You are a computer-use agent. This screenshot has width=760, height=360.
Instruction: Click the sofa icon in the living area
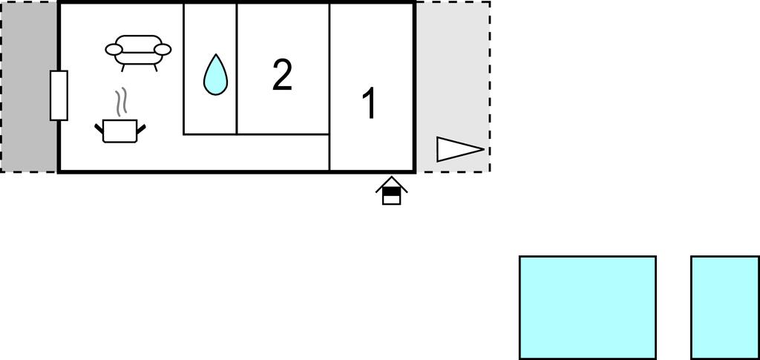138,52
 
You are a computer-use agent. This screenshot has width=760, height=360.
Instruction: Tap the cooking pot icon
120,131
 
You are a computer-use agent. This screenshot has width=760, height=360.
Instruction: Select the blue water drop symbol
215,75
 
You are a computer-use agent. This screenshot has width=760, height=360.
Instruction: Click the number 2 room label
282,75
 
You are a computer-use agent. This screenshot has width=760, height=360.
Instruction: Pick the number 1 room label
370,104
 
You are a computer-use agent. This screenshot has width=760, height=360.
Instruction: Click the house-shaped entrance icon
392,191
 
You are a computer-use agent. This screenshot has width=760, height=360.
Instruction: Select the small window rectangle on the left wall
59,96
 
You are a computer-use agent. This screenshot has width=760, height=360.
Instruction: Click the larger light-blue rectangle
588,308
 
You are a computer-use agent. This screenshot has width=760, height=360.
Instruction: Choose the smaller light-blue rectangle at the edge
725,308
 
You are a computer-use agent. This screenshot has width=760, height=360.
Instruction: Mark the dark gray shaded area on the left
29,87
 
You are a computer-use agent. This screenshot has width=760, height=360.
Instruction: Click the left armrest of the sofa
114,50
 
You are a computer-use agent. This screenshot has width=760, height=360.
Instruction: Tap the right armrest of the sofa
163,50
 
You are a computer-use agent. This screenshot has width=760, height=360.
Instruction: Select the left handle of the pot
99,129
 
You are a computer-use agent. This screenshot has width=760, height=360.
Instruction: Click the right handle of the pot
141,129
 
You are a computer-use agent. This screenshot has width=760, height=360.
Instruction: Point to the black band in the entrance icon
392,192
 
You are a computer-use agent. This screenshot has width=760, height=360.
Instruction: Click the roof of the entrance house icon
392,183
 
